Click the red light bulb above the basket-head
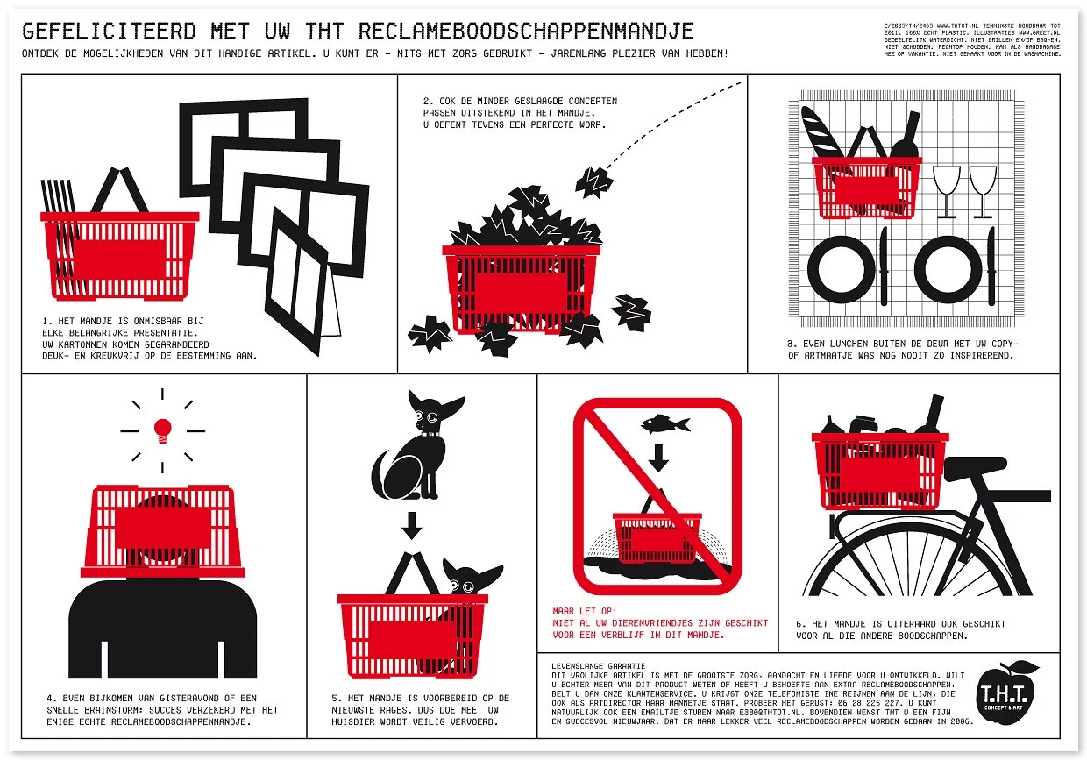click(x=162, y=430)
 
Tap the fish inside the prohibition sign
click(x=664, y=425)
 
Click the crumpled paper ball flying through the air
click(x=593, y=181)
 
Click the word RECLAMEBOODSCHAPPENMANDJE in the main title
click(x=526, y=32)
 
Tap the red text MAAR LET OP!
click(x=585, y=611)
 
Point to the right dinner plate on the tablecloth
click(x=948, y=266)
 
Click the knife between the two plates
click(x=883, y=263)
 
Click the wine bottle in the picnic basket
click(x=905, y=137)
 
